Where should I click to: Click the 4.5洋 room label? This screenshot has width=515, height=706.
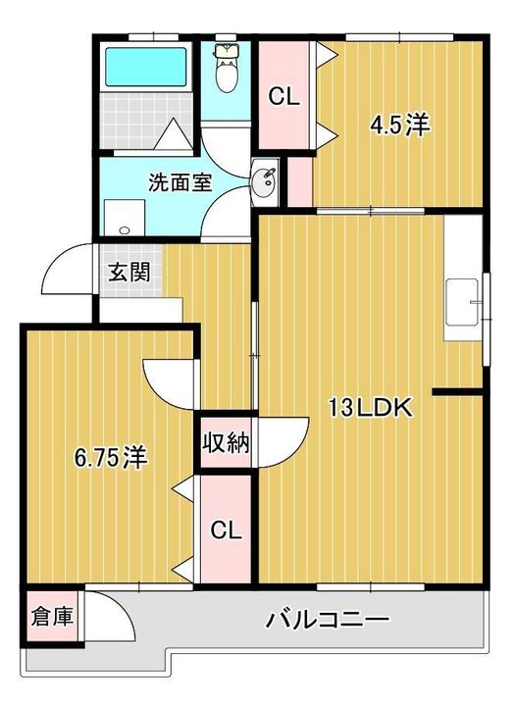[x=400, y=126]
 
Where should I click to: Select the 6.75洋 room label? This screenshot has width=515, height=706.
[x=111, y=457]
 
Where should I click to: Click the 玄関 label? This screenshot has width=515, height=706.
[x=129, y=272]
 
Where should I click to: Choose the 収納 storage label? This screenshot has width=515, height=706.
[x=227, y=443]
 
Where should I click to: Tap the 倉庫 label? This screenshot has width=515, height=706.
[x=53, y=618]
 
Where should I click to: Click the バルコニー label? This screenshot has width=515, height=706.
[x=328, y=620]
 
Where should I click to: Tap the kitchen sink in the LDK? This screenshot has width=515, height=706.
[x=460, y=303]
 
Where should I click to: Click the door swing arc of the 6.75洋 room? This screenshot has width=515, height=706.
[x=167, y=378]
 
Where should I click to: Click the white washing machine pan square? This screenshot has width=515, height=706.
[x=123, y=218]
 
